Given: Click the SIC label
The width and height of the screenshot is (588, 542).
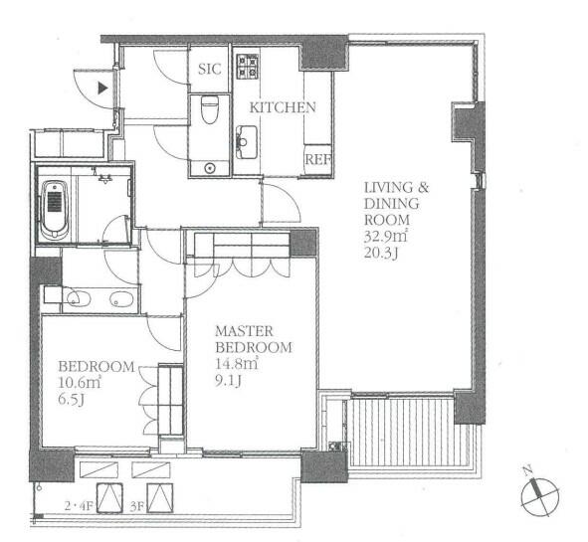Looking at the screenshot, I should [x=209, y=69].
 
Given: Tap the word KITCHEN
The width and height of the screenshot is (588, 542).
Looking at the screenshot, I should [x=283, y=107].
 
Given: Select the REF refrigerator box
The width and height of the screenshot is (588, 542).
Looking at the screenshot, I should [x=317, y=159].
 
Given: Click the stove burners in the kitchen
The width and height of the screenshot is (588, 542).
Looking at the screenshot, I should [x=247, y=66].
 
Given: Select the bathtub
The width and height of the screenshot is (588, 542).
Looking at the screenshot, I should [x=54, y=208].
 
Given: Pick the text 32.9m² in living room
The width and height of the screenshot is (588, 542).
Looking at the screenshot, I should [x=384, y=238].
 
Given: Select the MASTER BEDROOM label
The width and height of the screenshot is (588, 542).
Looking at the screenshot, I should [x=255, y=339].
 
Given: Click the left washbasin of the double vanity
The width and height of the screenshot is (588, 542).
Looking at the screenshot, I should [x=76, y=297].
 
